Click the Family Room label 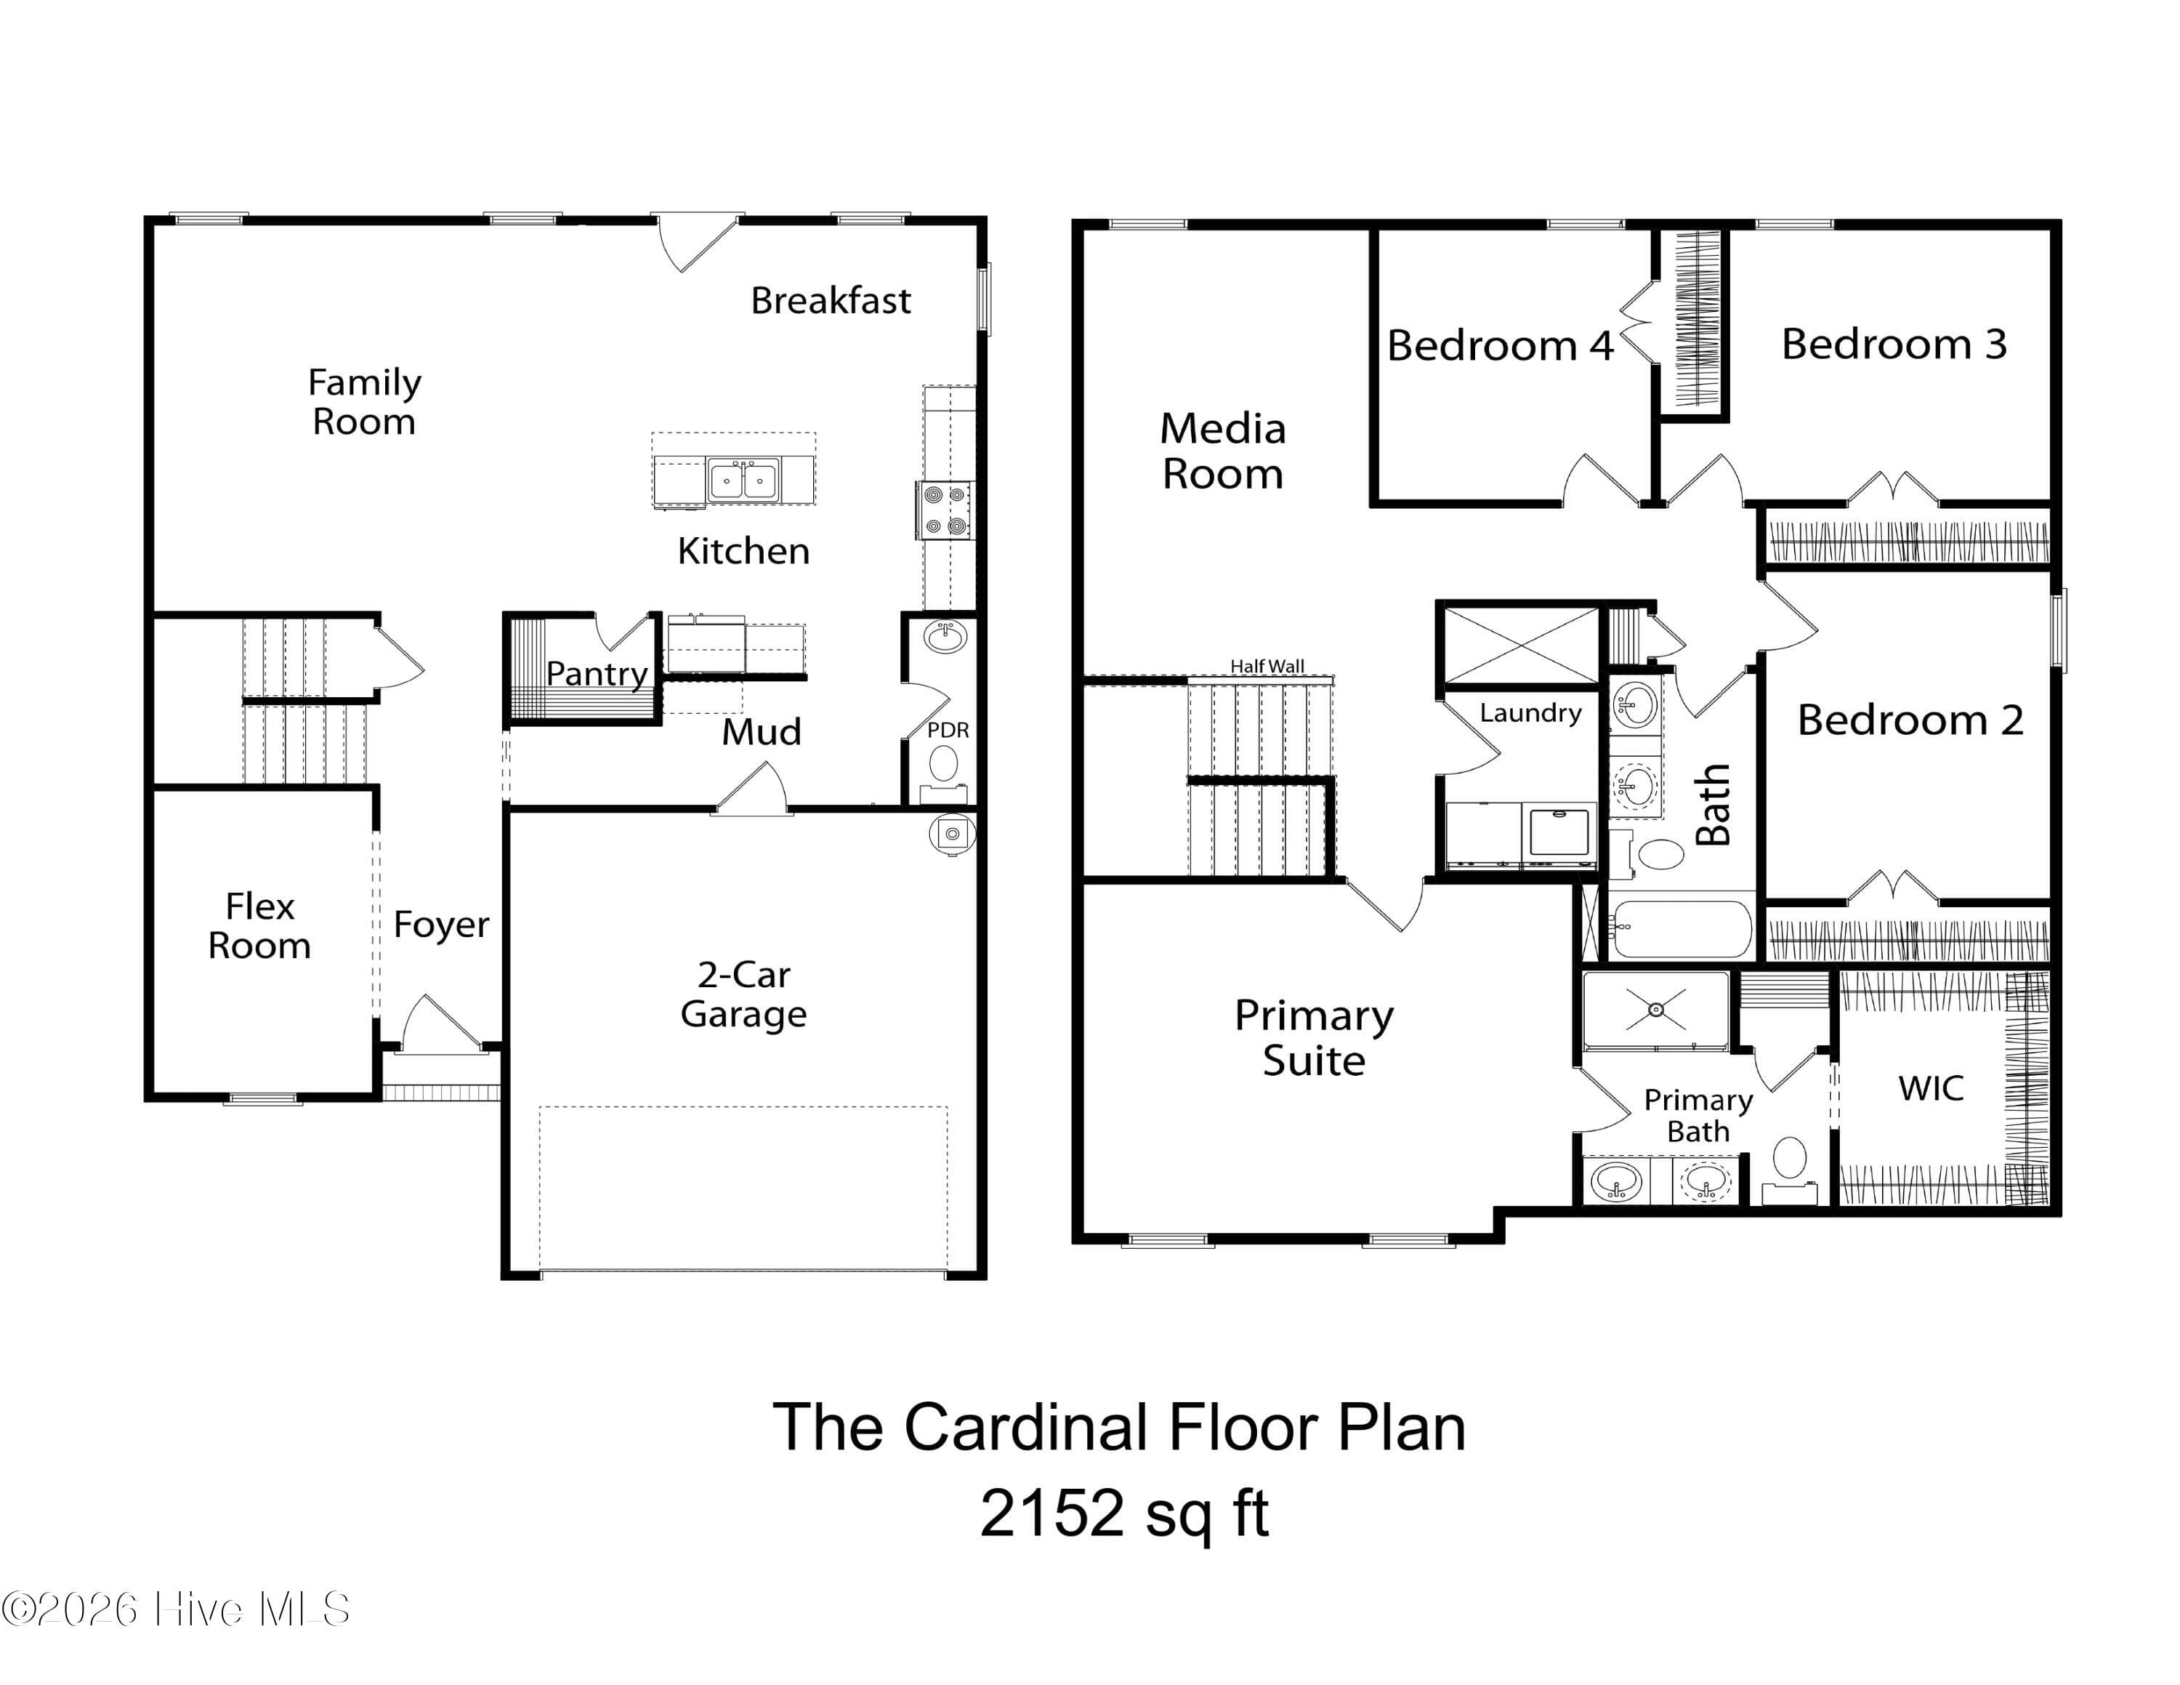[364, 401]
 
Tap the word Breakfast [831, 300]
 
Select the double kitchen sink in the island [743, 480]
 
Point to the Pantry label [597, 674]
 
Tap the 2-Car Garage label [743, 994]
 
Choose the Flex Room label [259, 926]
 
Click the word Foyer [441, 925]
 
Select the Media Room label [1223, 451]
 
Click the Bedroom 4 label [1501, 345]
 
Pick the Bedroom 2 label [1910, 720]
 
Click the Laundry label [1530, 712]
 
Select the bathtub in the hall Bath [1682, 929]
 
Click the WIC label [1931, 1088]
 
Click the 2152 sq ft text [1124, 1514]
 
